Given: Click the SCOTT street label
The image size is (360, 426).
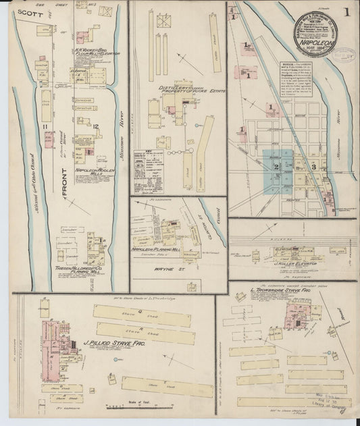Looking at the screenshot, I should (x=27, y=11).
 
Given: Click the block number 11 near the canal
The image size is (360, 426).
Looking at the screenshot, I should (x=45, y=126).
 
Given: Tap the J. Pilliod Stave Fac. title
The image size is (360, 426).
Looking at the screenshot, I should (x=111, y=343).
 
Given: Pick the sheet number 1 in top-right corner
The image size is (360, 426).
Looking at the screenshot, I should (x=346, y=11).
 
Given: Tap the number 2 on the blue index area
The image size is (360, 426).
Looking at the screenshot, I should (x=276, y=165).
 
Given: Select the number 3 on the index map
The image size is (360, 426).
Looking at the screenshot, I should (x=313, y=165).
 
